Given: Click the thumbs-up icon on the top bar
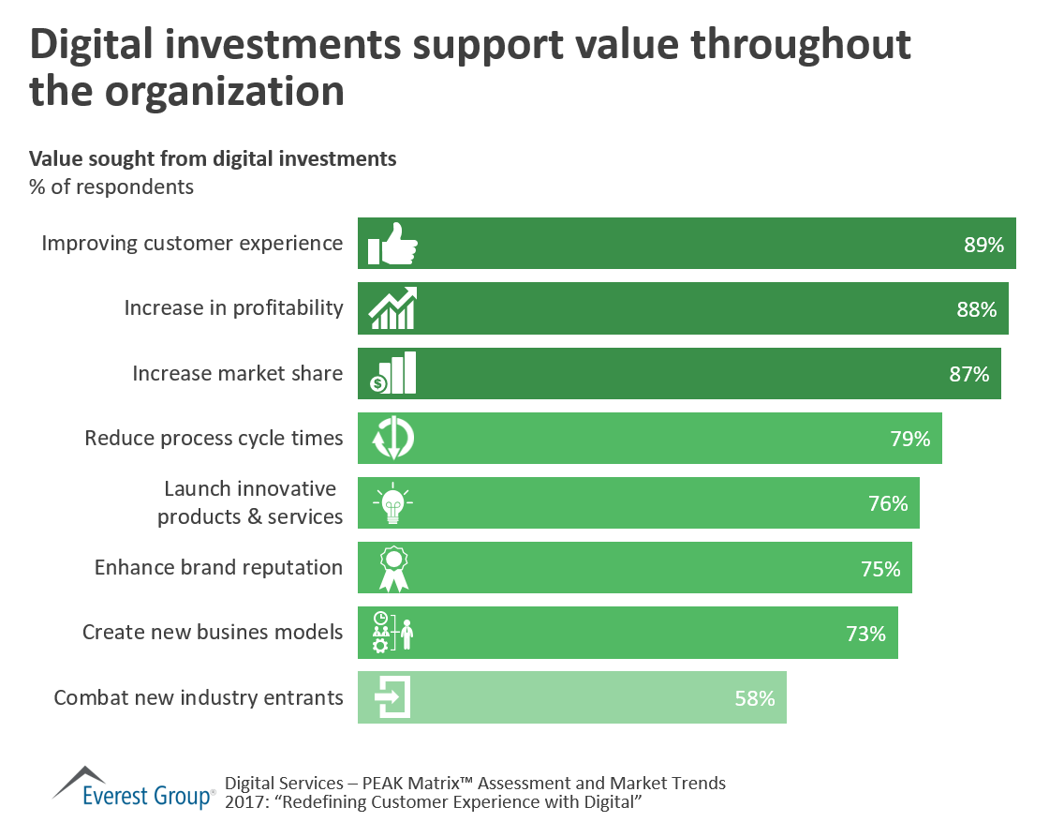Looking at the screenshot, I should pyautogui.click(x=392, y=244).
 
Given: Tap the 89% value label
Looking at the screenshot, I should pyautogui.click(x=983, y=245).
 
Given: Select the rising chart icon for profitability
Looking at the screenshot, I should pyautogui.click(x=393, y=308).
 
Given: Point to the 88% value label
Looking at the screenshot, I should pyautogui.click(x=976, y=309).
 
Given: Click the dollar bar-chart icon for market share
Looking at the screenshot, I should pyautogui.click(x=392, y=373).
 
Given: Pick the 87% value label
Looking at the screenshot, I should pyautogui.click(x=968, y=374).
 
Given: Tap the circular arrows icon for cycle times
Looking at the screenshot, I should pyautogui.click(x=392, y=438).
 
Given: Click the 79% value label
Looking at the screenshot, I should pyautogui.click(x=909, y=439).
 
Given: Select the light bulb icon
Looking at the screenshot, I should pyautogui.click(x=392, y=503).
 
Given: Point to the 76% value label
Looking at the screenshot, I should pyautogui.click(x=887, y=503).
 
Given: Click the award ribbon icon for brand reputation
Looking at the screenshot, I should pyautogui.click(x=393, y=568).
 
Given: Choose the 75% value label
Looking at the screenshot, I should pyautogui.click(x=879, y=569).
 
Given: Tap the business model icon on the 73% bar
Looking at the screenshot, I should pyautogui.click(x=392, y=632).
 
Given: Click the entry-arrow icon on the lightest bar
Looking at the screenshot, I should pyautogui.click(x=392, y=697).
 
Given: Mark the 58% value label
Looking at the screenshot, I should pyautogui.click(x=754, y=698).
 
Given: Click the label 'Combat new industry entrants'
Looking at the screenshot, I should pyautogui.click(x=199, y=697).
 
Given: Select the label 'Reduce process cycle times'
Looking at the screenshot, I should pyautogui.click(x=214, y=438).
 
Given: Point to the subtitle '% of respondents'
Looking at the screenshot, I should pyautogui.click(x=111, y=187).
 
